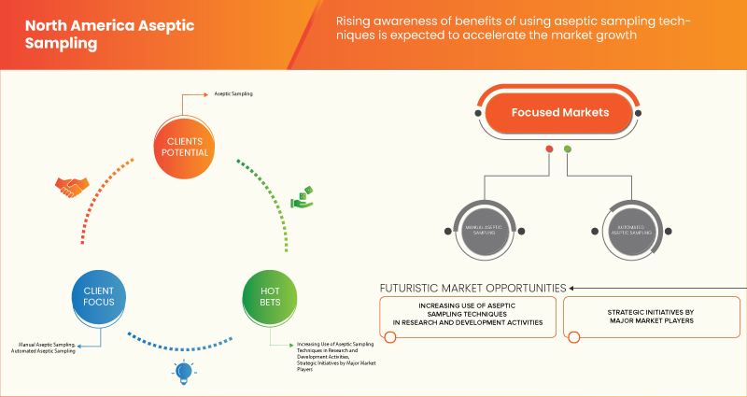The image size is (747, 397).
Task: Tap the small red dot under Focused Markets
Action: pos(549,149)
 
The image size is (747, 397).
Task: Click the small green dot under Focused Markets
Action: pos(568,149)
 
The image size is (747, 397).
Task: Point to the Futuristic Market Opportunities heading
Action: pos(472,288)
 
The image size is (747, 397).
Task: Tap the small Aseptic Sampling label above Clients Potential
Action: pos(233,94)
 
